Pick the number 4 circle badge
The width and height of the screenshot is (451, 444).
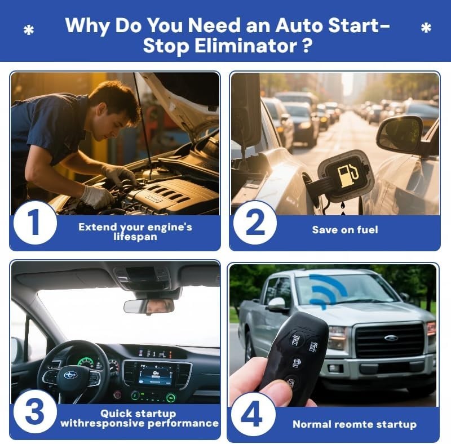click(254, 415)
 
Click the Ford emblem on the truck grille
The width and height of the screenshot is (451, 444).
click(391, 338)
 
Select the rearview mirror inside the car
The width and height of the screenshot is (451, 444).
click(149, 306)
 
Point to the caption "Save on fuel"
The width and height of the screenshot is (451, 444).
click(345, 230)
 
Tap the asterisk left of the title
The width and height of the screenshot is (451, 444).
click(29, 30)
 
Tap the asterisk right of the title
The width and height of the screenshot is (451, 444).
click(426, 28)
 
